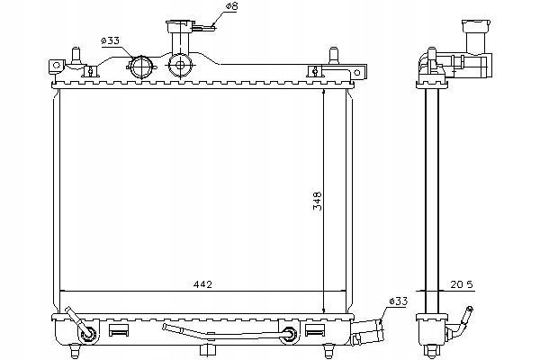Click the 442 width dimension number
(202, 284)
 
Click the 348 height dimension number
(317, 201)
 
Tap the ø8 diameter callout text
(232, 6)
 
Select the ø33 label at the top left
(110, 40)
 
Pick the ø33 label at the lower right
(399, 301)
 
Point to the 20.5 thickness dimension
(462, 284)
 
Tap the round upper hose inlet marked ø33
(141, 67)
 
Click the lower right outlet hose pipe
(367, 332)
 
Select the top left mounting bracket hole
(57, 65)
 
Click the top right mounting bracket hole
(357, 73)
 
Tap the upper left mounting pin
(76, 55)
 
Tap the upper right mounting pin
(333, 55)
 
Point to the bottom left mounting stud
(75, 351)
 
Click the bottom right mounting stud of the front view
(328, 351)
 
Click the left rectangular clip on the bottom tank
(119, 330)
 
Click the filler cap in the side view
(476, 26)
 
